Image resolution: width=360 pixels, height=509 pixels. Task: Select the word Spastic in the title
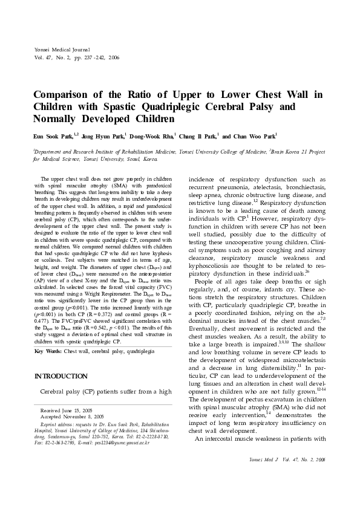[115, 107]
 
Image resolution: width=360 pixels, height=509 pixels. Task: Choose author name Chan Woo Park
[253, 137]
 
